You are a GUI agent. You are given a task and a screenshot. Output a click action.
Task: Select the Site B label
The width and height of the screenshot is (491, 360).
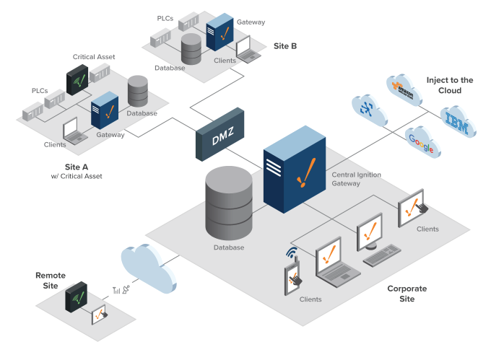coord(285,46)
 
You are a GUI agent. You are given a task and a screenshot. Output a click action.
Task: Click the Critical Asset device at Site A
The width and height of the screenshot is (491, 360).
coord(78,81)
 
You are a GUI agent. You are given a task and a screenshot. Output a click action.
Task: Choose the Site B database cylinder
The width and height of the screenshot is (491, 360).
coord(191,49)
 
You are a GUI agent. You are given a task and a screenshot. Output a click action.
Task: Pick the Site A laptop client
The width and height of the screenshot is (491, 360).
coord(74,131)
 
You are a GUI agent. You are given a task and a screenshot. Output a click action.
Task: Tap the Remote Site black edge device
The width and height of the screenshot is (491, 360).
coord(77,295)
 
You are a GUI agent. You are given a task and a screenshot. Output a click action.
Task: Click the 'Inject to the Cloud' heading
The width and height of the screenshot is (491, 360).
coord(449,85)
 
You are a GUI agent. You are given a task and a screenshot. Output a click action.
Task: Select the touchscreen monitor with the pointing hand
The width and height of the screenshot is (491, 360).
coord(412,207)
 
